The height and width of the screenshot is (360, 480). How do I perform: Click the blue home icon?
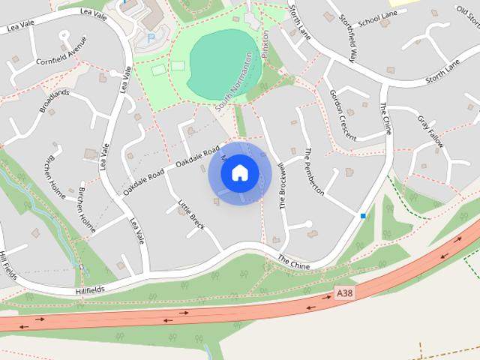[239, 173]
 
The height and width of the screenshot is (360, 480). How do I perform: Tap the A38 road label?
[344, 289]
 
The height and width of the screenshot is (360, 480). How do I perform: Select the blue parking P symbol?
[151, 37]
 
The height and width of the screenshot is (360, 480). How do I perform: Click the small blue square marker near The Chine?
[363, 216]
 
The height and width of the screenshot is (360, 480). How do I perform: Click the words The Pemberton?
[313, 172]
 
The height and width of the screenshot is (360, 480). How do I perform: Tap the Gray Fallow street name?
[431, 132]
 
